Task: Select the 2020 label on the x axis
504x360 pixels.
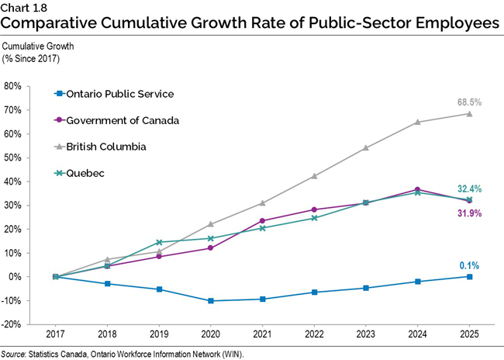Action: [x=210, y=334]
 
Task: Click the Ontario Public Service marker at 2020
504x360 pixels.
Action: [x=210, y=301]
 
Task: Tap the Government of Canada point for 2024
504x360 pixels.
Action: [x=416, y=189]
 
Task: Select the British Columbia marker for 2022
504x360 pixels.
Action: [x=313, y=176]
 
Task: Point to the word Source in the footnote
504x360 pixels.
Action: [x=17, y=354]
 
